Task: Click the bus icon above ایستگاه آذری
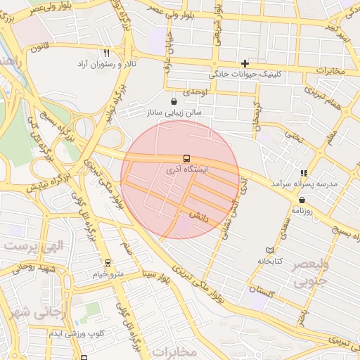[186, 158]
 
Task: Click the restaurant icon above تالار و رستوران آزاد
[107, 53]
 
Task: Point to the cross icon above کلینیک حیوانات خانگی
[245, 63]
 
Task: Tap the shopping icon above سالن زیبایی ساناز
[174, 101]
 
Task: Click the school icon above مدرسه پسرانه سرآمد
[304, 172]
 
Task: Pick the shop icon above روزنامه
[302, 200]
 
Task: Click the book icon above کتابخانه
[271, 250]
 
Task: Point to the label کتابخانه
[270, 261]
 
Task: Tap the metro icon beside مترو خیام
[108, 263]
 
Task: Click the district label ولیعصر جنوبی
[310, 274]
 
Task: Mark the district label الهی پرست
[34, 247]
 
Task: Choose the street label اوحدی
[196, 92]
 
